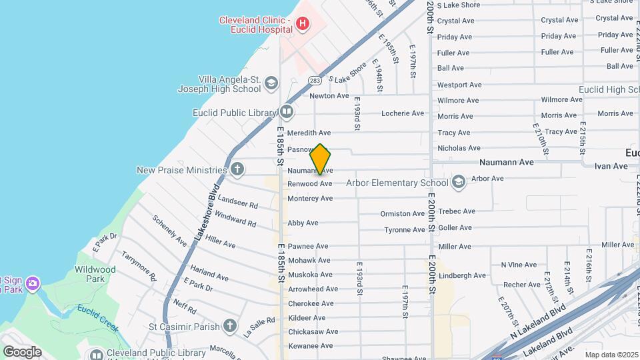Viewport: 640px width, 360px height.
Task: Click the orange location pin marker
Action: click(x=320, y=159)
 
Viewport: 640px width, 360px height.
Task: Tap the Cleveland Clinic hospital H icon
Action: click(x=303, y=25)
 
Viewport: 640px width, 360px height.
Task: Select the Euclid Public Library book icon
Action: click(x=287, y=111)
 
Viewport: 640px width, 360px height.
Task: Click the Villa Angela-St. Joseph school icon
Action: click(x=271, y=83)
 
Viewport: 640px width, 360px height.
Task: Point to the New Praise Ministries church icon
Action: click(x=237, y=169)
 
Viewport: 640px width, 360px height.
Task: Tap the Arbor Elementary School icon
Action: click(x=458, y=182)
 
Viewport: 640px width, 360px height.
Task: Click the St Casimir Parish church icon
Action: click(x=230, y=326)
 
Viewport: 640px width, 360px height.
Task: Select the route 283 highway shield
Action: click(x=315, y=81)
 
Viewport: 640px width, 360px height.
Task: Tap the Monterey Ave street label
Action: click(x=310, y=199)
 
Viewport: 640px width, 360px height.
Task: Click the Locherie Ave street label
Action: click(x=403, y=113)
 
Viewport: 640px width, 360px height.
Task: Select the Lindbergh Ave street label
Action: click(x=462, y=275)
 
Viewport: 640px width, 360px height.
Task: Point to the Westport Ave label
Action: click(x=459, y=85)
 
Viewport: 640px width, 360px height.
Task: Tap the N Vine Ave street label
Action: click(x=518, y=265)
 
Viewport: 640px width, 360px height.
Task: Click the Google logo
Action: click(x=22, y=352)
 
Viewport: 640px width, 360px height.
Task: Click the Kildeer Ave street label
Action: click(x=306, y=318)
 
